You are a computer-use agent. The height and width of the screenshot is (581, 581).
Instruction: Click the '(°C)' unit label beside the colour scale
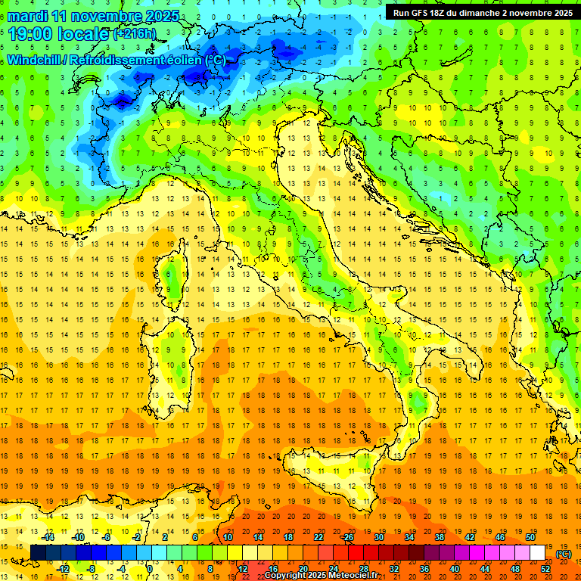[564, 555]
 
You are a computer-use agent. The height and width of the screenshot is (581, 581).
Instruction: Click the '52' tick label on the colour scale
[545, 569]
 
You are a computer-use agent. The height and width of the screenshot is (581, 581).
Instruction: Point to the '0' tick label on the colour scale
[150, 569]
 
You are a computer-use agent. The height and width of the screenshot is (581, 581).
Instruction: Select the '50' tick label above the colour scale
[530, 537]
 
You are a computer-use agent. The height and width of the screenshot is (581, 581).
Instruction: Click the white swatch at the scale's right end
[537, 553]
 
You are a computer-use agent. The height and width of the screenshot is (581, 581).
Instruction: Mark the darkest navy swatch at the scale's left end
[38, 553]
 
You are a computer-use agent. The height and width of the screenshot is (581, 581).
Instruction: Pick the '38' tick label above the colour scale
[439, 537]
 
